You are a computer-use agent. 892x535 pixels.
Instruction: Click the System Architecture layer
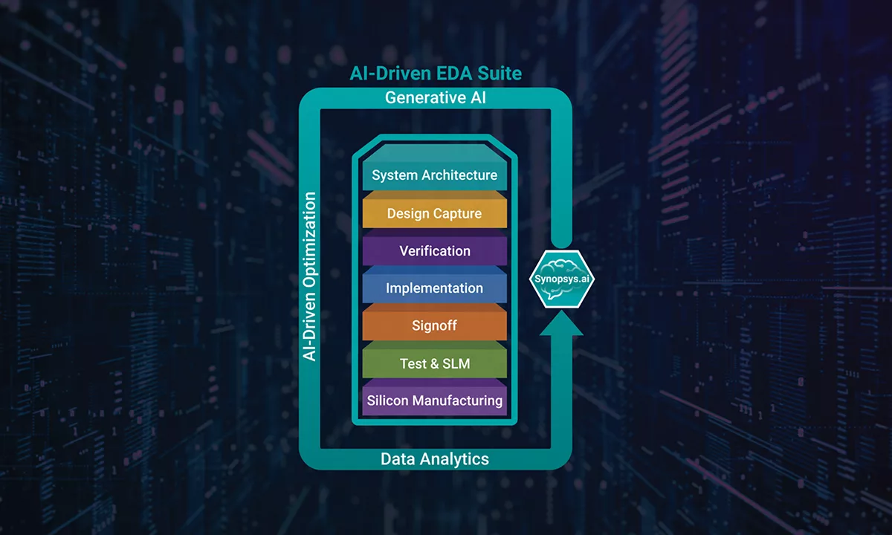pos(435,175)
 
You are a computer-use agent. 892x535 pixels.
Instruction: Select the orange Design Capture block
pos(435,213)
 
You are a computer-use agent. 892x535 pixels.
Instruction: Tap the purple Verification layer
pos(435,250)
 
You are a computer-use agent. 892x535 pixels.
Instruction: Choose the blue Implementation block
pos(435,288)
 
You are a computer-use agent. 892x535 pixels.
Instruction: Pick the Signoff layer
pos(435,325)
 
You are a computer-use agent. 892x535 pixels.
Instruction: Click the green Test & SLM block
pos(435,363)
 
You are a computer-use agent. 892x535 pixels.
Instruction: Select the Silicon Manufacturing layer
pos(435,401)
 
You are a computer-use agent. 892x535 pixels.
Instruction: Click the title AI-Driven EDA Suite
pos(436,74)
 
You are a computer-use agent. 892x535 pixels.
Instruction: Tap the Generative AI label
pos(436,98)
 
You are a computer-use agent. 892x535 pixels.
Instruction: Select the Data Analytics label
pos(435,458)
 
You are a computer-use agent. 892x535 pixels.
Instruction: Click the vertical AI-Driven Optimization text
pos(310,276)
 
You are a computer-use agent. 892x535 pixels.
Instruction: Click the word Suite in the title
pos(500,74)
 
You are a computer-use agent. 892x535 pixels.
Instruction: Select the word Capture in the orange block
pos(455,213)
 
